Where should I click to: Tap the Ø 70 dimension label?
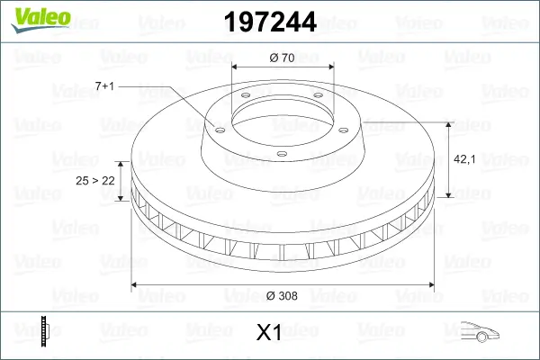click(x=283, y=57)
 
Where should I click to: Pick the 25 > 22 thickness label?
click(x=95, y=181)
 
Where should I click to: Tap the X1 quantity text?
click(x=269, y=333)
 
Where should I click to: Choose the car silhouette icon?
click(x=481, y=332)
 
